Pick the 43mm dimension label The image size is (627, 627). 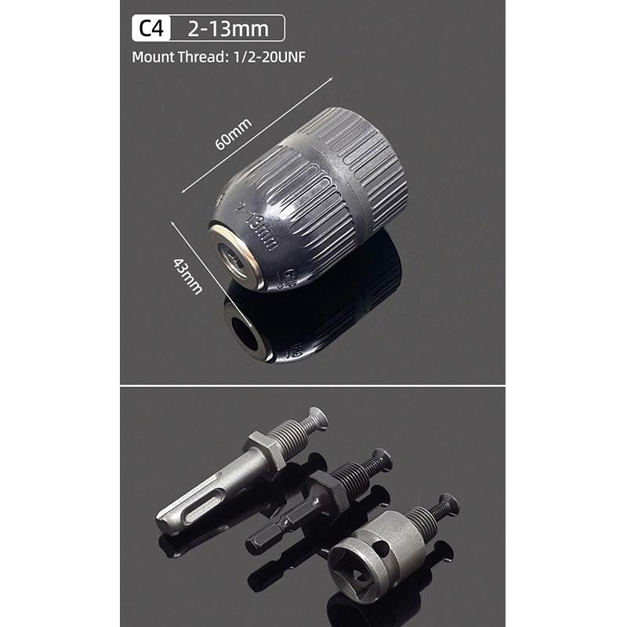pos(189,276)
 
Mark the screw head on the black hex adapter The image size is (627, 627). pos(382,458)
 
